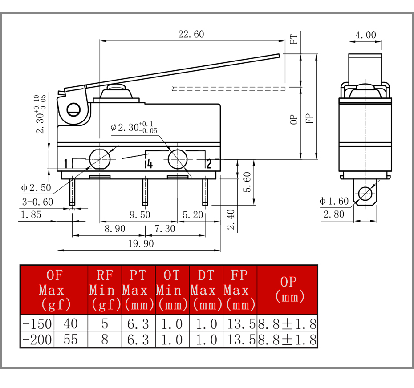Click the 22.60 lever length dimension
(191, 34)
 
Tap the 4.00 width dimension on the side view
(365, 35)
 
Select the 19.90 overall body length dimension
(141, 244)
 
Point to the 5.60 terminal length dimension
(247, 182)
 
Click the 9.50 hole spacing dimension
(140, 215)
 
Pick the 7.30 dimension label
(165, 229)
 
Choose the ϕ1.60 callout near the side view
(334, 202)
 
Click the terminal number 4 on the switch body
(150, 164)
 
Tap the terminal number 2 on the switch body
(209, 164)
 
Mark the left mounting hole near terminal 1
(100, 159)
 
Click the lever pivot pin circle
(73, 110)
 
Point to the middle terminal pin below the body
(145, 192)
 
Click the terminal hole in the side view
(365, 194)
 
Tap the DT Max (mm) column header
(207, 290)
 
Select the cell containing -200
(37, 339)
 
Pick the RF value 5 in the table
(105, 323)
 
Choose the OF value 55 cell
(71, 339)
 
